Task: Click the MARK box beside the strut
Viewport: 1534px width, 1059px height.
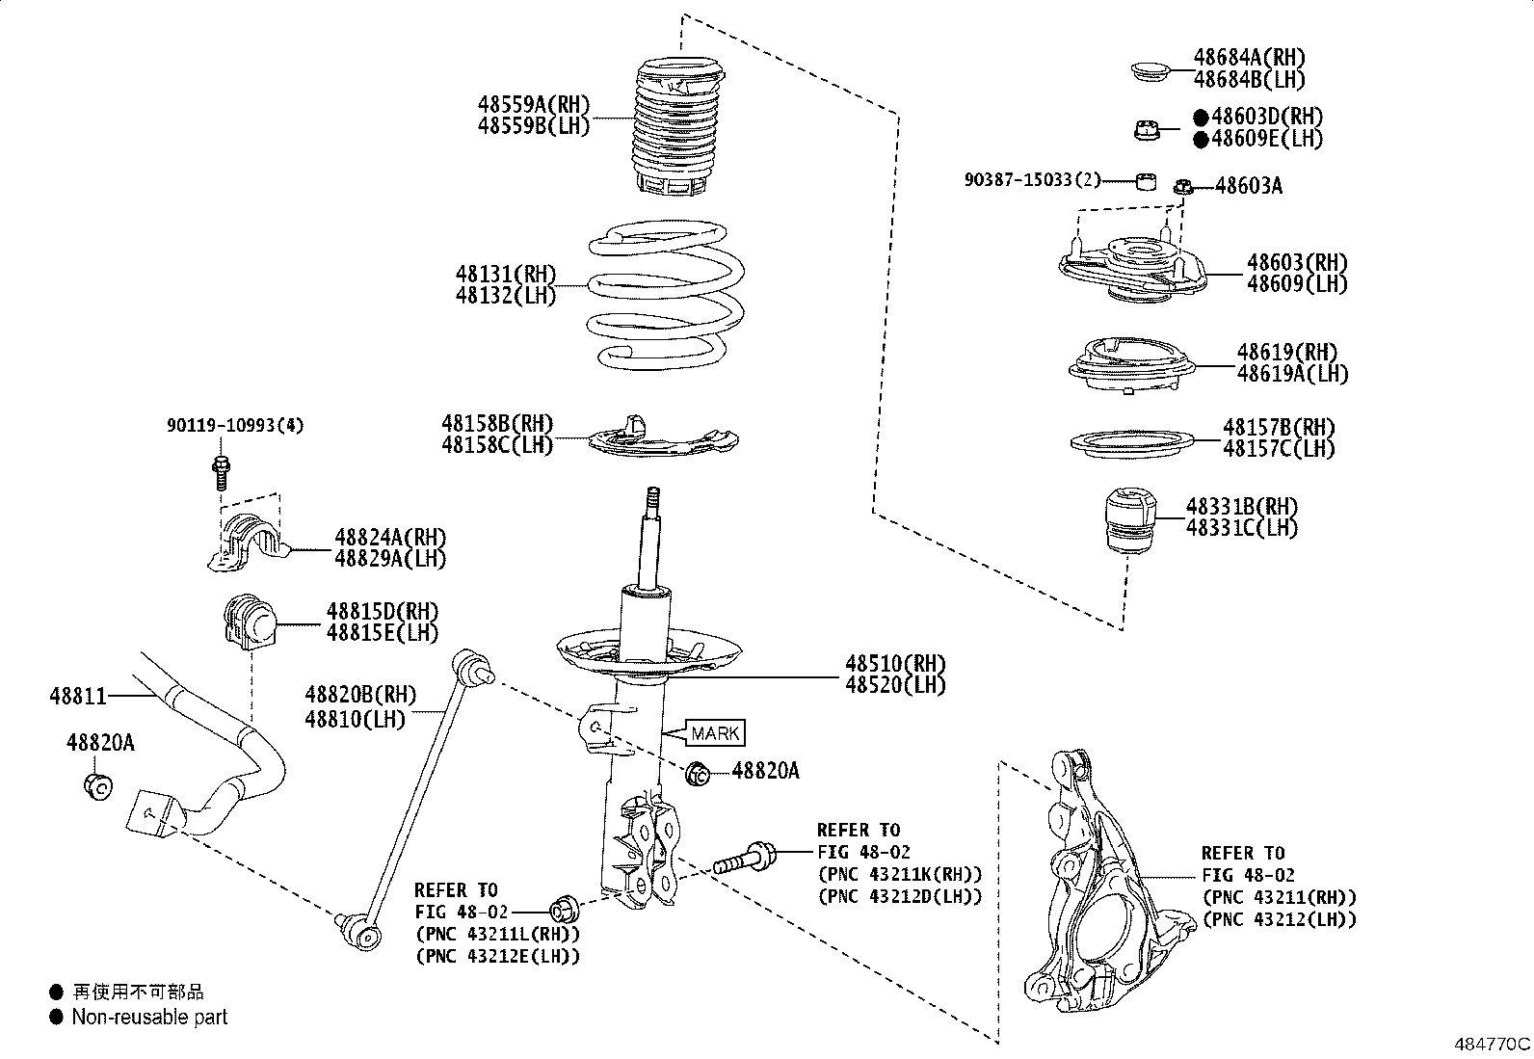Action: tap(716, 733)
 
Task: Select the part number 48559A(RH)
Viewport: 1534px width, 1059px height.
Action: tap(533, 104)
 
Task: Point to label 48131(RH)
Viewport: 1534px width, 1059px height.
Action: tap(505, 275)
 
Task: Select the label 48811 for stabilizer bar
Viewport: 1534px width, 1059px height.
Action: tap(78, 695)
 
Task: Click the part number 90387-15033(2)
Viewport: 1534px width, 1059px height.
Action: tap(1032, 180)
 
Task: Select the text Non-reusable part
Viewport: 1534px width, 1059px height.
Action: tap(149, 1017)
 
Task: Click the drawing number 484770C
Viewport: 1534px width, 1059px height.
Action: tap(1492, 1044)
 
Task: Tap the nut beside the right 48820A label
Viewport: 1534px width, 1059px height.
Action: tap(699, 772)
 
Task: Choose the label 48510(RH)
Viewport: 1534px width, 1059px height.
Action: tap(895, 663)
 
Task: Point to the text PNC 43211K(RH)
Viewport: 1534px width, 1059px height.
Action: tap(900, 875)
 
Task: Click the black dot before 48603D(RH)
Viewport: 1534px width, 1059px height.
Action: tap(1201, 117)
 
